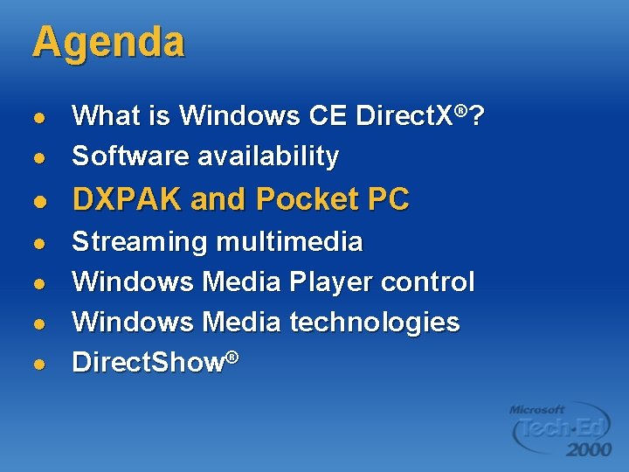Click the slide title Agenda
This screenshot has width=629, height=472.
(108, 43)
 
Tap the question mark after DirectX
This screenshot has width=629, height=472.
(478, 115)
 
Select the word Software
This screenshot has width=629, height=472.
(131, 156)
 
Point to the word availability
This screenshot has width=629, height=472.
(267, 156)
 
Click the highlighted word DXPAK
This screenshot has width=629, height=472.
(128, 200)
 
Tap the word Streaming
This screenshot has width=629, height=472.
(141, 242)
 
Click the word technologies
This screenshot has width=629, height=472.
(374, 323)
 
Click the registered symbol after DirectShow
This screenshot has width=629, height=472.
(233, 356)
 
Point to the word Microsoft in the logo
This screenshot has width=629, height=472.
(537, 409)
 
